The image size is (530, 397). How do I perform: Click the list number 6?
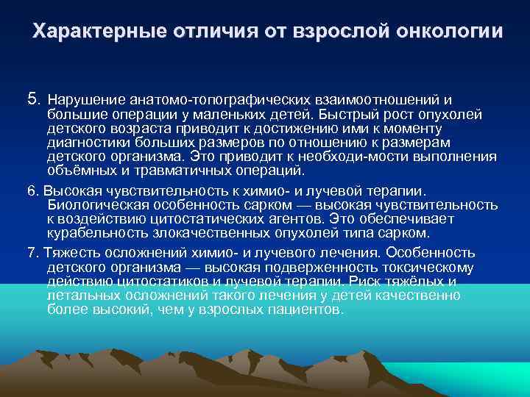pyautogui.click(x=31, y=190)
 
